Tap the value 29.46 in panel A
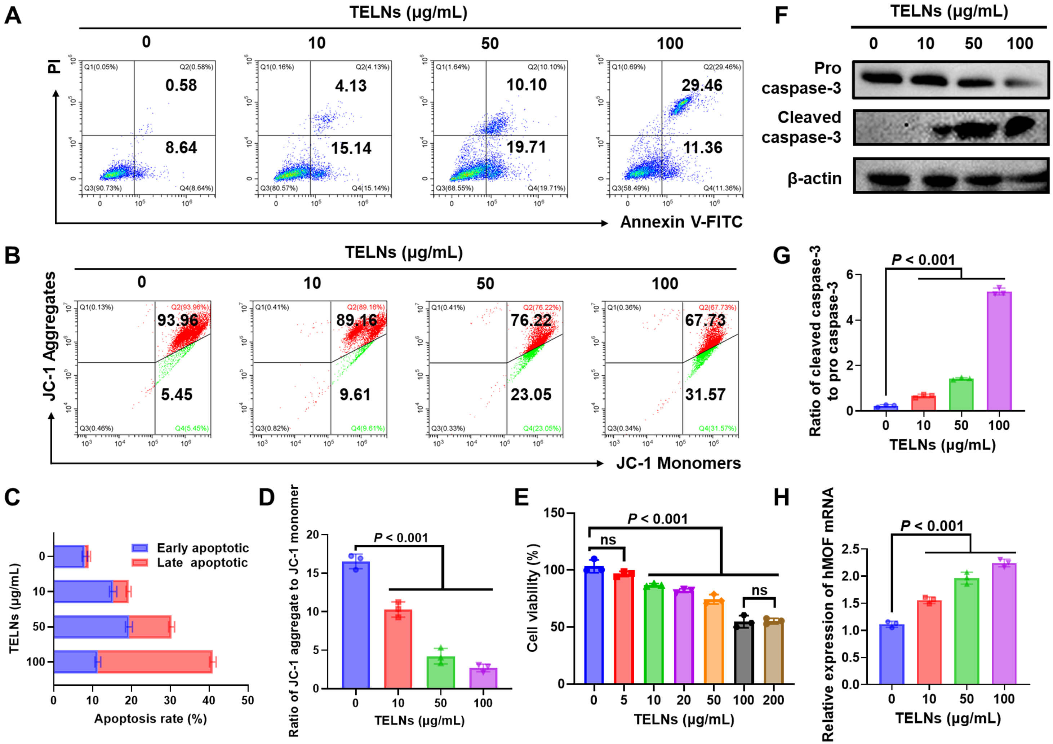(702, 85)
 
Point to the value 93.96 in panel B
(178, 320)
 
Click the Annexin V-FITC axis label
(681, 222)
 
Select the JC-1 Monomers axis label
(678, 463)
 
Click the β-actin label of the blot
(814, 178)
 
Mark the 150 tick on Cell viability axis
(554, 513)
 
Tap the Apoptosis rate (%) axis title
(150, 719)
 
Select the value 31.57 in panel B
(705, 394)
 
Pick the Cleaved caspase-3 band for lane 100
(1021, 127)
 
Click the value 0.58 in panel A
(181, 85)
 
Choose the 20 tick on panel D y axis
(313, 535)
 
